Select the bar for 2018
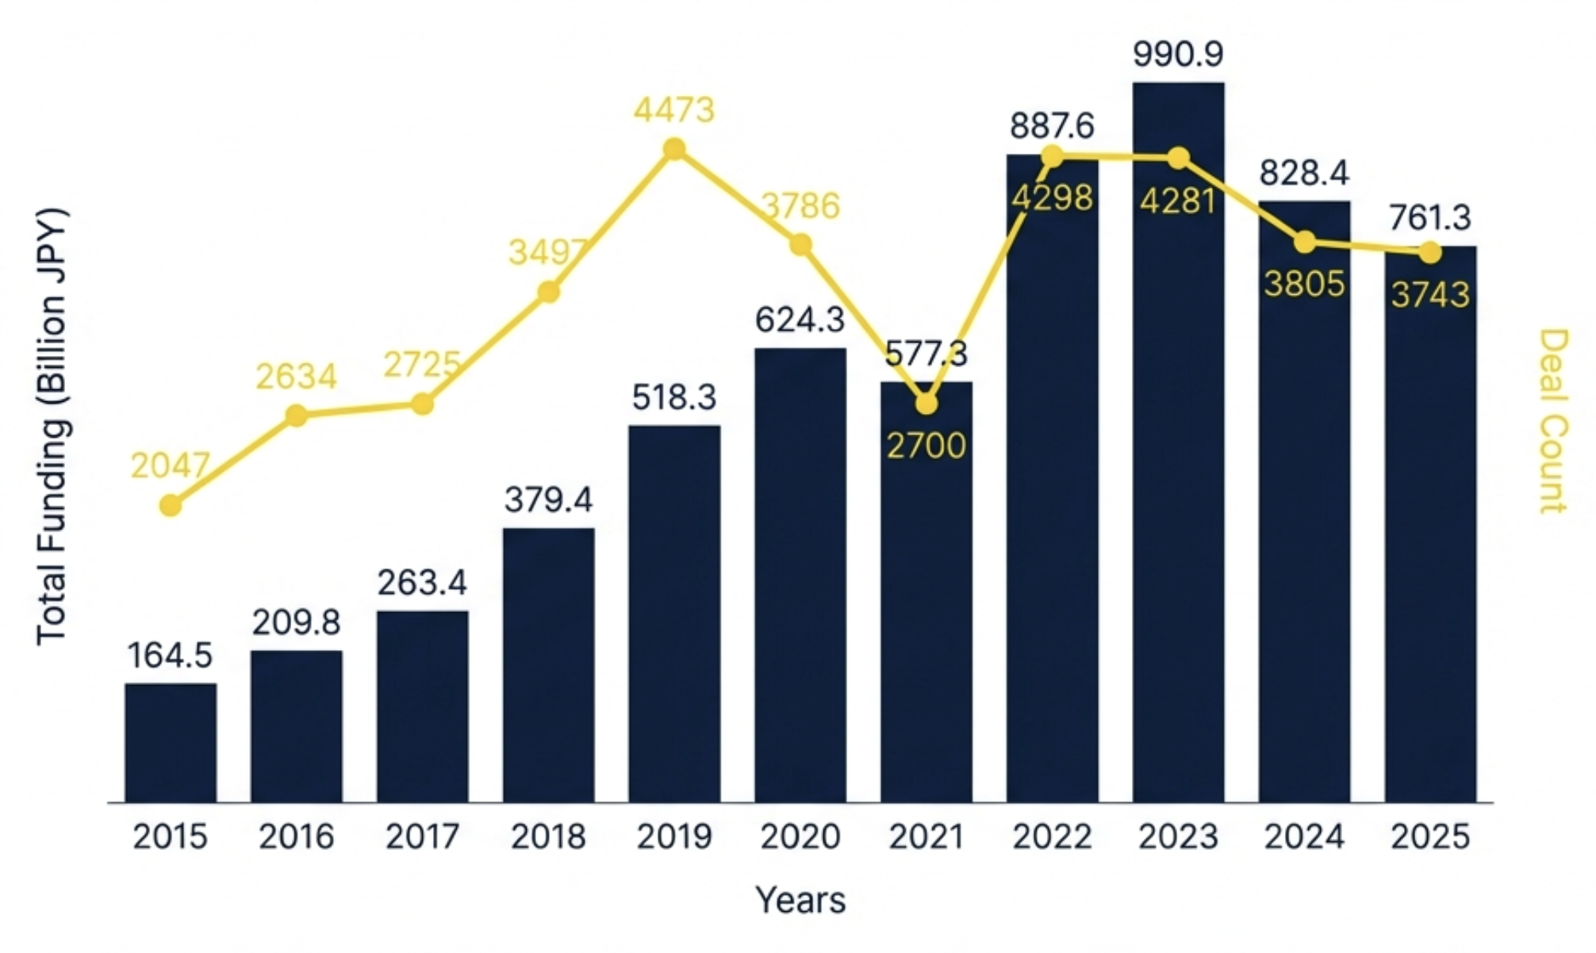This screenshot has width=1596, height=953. pyautogui.click(x=548, y=665)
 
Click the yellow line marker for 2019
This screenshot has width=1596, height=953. pyautogui.click(x=674, y=149)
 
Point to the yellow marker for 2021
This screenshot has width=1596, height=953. pyautogui.click(x=926, y=404)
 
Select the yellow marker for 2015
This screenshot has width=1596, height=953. pyautogui.click(x=171, y=505)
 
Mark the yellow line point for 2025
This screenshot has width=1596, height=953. pyautogui.click(x=1429, y=253)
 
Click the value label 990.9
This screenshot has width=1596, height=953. pyautogui.click(x=1178, y=54)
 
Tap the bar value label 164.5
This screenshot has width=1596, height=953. pyautogui.click(x=170, y=656)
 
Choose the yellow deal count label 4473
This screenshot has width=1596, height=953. pyautogui.click(x=674, y=109)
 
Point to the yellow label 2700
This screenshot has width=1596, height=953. pyautogui.click(x=926, y=446)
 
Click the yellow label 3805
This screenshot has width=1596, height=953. pyautogui.click(x=1304, y=284)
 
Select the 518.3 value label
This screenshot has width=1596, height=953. pyautogui.click(x=674, y=396)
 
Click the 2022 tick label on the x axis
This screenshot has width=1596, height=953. pyautogui.click(x=1052, y=836)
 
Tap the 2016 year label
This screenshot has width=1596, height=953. pyautogui.click(x=296, y=836)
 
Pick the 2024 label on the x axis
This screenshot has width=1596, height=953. pyautogui.click(x=1304, y=836)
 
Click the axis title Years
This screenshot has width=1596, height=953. pyautogui.click(x=800, y=900)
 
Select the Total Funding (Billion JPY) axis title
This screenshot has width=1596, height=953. pyautogui.click(x=52, y=427)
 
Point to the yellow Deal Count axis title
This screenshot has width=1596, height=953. pyautogui.click(x=1553, y=421)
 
